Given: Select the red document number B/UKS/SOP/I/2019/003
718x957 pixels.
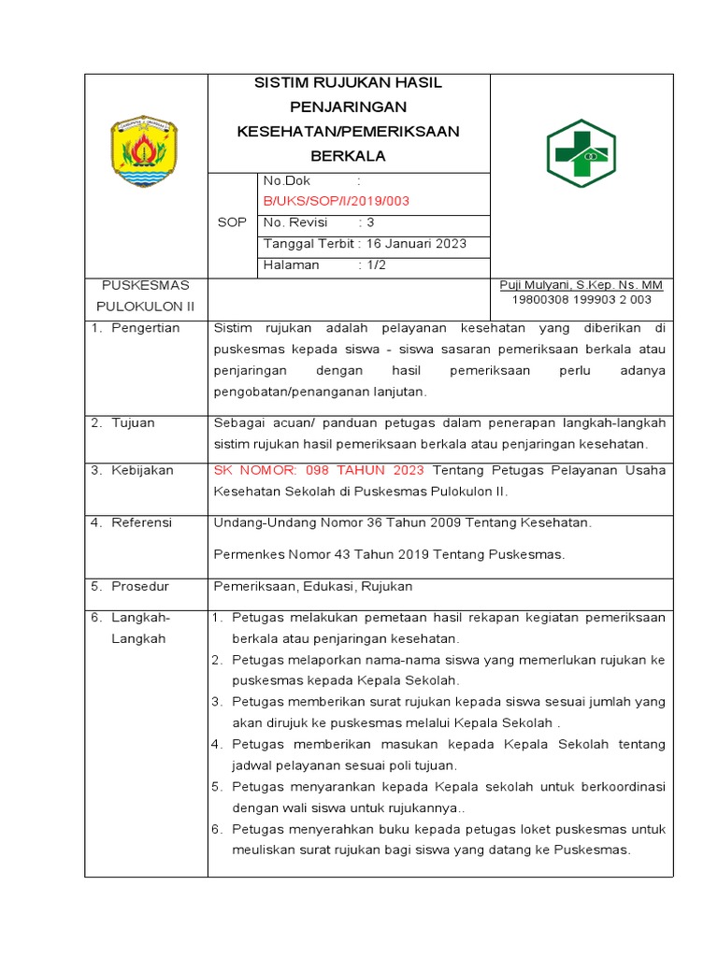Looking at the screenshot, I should [337, 201].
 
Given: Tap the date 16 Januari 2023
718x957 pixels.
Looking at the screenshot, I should [419, 244].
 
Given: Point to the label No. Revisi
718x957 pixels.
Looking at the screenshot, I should [297, 222].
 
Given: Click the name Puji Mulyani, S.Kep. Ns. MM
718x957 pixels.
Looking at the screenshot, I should [581, 285].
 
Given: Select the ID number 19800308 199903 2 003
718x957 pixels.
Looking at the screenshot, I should [581, 300].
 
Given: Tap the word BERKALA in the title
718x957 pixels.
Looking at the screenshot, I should [349, 156].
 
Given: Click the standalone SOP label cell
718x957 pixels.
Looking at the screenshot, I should [232, 222].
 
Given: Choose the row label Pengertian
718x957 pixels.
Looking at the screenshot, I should [145, 328].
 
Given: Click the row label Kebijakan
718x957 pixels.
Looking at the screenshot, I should [142, 470].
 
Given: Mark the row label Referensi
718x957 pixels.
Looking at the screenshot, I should [141, 522].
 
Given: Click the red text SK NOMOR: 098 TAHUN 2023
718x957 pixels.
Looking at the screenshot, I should [319, 470].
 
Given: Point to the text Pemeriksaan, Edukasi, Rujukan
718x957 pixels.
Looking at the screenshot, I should [313, 587].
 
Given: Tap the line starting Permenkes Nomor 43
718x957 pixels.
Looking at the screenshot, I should [389, 554].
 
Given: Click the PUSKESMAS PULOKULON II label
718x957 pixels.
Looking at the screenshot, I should [145, 294].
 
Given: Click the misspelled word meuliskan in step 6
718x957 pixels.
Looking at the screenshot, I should [266, 850].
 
